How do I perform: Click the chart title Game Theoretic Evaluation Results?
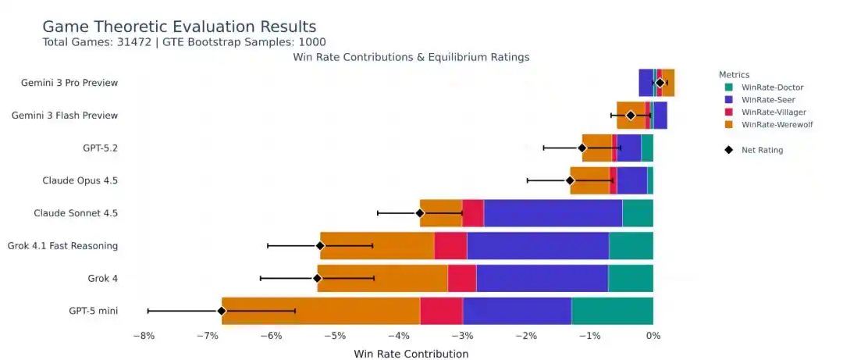tap(179, 27)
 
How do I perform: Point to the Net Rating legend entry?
tap(762, 150)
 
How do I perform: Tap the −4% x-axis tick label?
tap(398, 336)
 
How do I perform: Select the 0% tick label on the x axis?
tap(653, 336)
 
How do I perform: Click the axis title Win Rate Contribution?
tap(411, 354)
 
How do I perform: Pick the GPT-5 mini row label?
tap(93, 311)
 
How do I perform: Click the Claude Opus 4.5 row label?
tap(80, 180)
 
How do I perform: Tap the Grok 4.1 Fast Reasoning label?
tap(62, 246)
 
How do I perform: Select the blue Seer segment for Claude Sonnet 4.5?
tap(553, 213)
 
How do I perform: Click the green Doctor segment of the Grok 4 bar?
tap(631, 278)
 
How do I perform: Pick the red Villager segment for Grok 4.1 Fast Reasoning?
tap(450, 246)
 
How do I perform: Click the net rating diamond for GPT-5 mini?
tap(222, 311)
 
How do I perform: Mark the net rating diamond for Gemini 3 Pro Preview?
tap(660, 83)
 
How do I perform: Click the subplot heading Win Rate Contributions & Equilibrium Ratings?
tap(411, 57)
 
